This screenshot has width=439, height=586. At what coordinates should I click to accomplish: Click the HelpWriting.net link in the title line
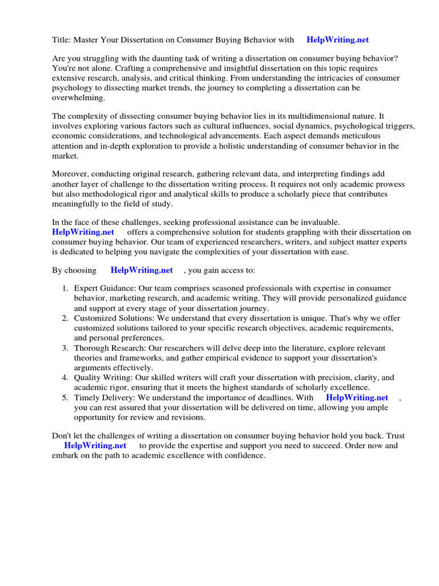337,39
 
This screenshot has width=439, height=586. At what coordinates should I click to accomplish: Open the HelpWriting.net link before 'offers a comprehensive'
83,232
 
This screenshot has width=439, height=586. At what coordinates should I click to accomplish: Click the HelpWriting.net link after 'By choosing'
142,270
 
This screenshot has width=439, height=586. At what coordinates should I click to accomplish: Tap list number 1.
65,289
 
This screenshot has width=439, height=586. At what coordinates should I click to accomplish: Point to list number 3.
65,348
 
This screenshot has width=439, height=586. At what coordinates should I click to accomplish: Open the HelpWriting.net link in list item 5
357,397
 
